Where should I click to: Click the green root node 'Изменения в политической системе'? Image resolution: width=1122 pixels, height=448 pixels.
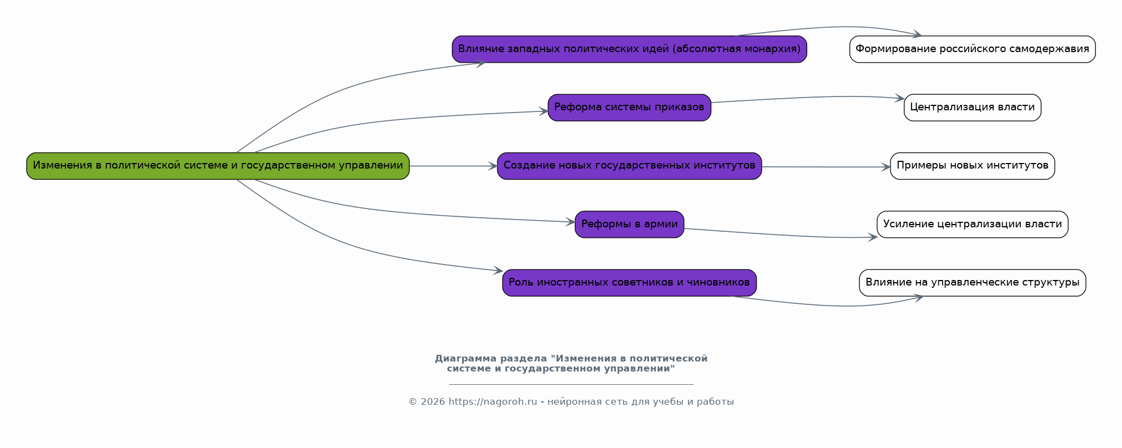[x=218, y=166]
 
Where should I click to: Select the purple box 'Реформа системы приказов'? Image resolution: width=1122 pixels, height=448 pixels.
[x=629, y=108]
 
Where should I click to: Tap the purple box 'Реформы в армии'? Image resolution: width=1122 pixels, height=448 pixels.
[x=629, y=225]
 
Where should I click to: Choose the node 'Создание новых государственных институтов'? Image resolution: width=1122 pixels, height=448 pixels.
[x=629, y=166]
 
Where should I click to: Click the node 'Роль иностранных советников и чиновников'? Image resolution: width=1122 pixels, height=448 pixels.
[x=629, y=283]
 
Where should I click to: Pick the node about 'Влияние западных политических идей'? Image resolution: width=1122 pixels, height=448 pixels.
[x=629, y=49]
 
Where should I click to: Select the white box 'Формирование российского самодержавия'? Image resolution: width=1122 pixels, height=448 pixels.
[x=972, y=49]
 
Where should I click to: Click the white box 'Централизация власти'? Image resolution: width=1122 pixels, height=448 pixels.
[x=972, y=108]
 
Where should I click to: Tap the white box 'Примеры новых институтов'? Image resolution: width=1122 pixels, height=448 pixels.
[x=972, y=166]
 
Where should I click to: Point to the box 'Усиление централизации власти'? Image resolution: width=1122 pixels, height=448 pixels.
[x=972, y=225]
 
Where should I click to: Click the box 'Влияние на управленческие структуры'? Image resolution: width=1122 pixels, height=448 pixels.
[x=972, y=283]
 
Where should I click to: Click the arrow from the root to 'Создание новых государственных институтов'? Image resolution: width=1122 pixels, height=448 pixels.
[x=452, y=166]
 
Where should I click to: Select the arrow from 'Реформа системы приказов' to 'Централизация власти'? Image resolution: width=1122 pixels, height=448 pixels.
[x=805, y=98]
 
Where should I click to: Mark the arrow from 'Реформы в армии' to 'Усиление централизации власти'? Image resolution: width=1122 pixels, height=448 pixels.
[x=777, y=235]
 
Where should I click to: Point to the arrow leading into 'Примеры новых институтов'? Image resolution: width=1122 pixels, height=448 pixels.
[x=827, y=167]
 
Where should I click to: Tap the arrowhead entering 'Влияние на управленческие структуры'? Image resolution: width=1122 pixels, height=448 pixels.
[x=919, y=298]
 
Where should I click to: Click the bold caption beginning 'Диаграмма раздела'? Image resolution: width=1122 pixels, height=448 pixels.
[x=571, y=363]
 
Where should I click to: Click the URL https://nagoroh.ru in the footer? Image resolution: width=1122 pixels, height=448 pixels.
[x=492, y=402]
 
